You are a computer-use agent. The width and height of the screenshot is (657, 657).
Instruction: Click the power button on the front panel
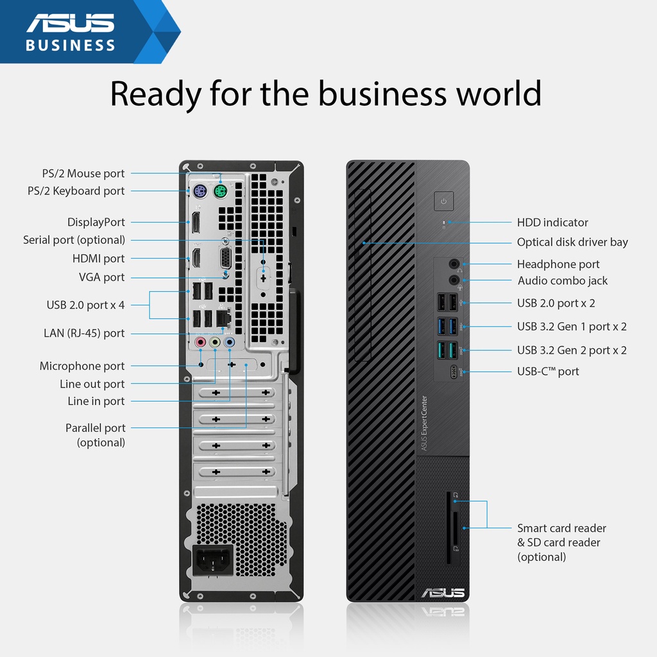(444, 202)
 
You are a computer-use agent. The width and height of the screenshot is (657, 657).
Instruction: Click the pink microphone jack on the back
(201, 343)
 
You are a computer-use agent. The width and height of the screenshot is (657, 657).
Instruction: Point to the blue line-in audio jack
(229, 343)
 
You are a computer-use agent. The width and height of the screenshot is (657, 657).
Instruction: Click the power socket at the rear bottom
(213, 560)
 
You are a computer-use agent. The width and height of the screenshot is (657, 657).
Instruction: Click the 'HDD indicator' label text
(552, 223)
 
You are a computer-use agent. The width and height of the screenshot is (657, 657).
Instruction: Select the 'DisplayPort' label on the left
(96, 222)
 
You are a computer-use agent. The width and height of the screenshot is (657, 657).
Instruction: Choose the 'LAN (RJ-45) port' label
(85, 333)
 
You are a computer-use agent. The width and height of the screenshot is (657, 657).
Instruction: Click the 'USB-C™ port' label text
(548, 371)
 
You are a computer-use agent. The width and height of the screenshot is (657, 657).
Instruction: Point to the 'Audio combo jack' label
(563, 281)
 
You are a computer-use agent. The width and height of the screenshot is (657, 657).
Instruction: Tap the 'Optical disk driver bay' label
(572, 242)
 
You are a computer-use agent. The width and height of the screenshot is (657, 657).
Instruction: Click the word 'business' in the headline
(382, 94)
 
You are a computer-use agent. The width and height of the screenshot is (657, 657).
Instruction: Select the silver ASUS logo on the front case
(443, 592)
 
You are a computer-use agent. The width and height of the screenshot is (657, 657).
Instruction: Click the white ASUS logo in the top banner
(70, 24)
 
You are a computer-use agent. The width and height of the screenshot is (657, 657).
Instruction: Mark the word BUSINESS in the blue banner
(70, 46)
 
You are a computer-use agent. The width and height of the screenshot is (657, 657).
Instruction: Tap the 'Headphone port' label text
(558, 264)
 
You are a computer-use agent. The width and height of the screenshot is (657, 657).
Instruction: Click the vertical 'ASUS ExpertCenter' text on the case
(423, 424)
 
